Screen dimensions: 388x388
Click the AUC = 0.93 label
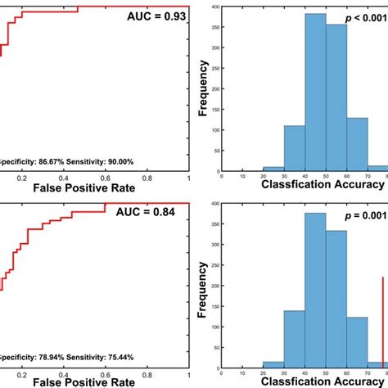tap(155, 16)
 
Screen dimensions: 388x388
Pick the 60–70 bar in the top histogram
tap(357, 142)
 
